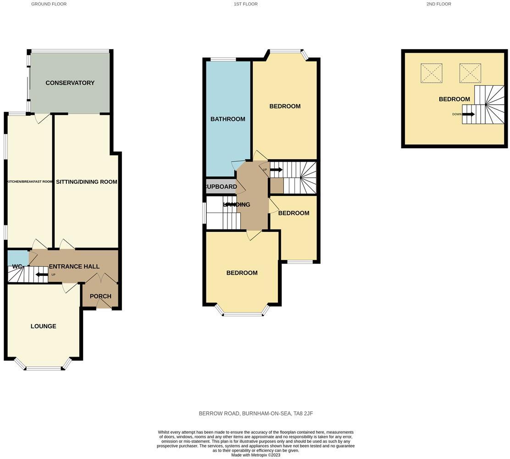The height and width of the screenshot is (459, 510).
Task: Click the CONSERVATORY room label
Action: click(x=70, y=83)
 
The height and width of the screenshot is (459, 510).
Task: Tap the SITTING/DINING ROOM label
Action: click(x=87, y=182)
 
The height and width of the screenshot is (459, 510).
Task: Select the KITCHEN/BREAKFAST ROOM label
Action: click(x=30, y=182)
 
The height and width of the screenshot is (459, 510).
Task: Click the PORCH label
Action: click(x=100, y=296)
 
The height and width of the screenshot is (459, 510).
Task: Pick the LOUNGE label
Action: click(x=44, y=326)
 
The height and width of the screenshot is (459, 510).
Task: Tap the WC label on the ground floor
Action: click(x=17, y=267)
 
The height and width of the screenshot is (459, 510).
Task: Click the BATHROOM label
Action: click(x=227, y=119)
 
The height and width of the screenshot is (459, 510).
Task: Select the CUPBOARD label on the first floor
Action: click(x=221, y=187)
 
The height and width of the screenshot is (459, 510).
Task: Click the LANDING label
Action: click(x=237, y=205)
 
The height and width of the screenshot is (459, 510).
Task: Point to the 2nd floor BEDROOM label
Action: click(x=454, y=99)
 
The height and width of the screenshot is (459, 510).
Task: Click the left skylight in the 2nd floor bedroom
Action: click(x=432, y=73)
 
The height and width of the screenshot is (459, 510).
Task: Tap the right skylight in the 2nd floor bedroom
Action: click(x=470, y=73)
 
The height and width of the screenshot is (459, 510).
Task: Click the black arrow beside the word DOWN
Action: click(x=468, y=114)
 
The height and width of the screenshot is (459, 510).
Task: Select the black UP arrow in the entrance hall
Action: click(x=42, y=275)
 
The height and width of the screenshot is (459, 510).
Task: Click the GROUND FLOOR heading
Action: click(x=49, y=4)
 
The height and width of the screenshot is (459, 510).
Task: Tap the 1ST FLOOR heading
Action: click(x=245, y=4)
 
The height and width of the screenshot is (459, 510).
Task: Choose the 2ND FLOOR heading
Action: click(x=438, y=4)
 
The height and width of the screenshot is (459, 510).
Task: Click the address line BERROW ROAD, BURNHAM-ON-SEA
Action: click(x=255, y=414)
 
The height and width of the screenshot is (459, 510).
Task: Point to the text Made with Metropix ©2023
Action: click(x=255, y=455)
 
